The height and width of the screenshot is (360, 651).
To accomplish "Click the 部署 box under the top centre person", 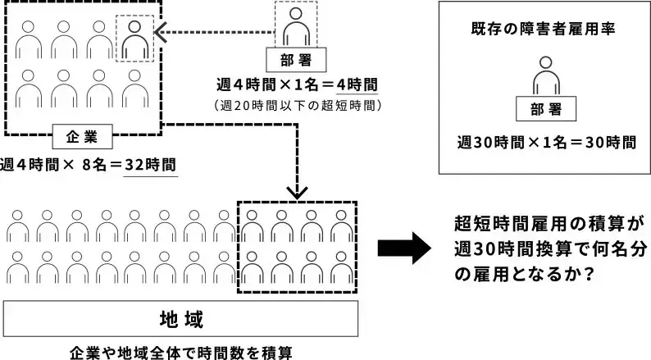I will [296, 59].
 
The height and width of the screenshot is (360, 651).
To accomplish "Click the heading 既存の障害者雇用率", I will [544, 27].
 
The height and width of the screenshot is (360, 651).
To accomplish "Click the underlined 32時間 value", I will [150, 163].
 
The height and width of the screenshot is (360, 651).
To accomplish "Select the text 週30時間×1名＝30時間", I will [547, 141].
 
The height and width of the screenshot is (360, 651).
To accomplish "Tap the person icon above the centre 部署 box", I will [296, 28].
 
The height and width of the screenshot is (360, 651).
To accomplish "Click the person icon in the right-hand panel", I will [547, 75].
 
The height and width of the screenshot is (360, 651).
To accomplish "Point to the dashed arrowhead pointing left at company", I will [162, 32].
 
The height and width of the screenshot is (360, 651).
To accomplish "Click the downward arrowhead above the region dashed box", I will [297, 191].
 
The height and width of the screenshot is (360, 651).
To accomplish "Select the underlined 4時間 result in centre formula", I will [357, 85].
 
